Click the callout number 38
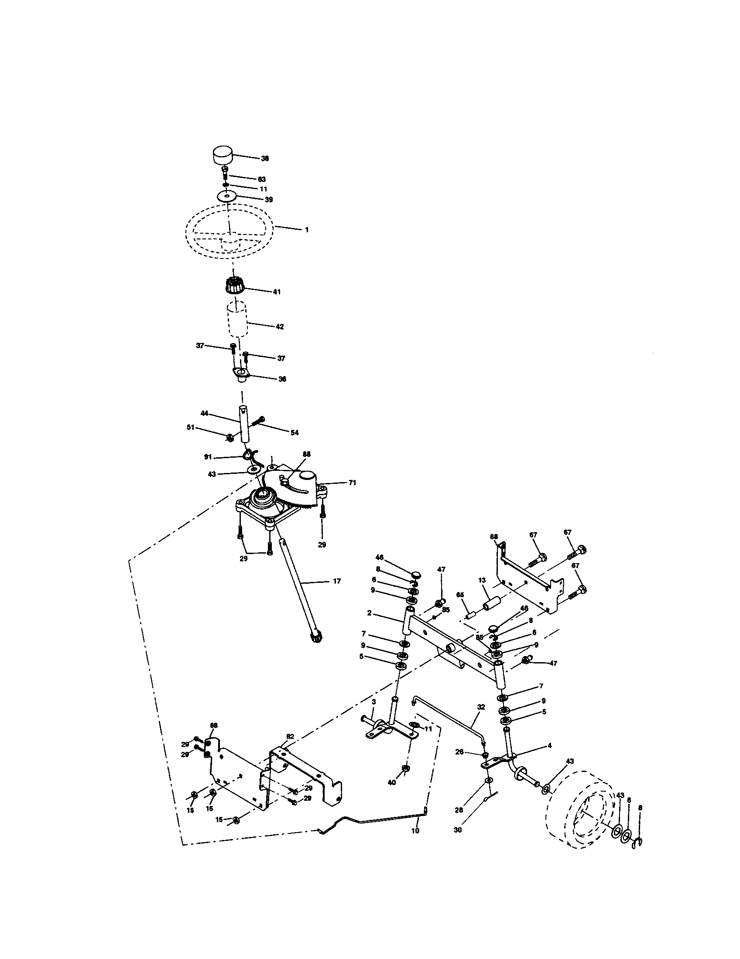(265, 159)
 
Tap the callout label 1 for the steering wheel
(307, 230)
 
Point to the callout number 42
(280, 326)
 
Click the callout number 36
(282, 379)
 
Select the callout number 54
(294, 432)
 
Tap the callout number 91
(208, 457)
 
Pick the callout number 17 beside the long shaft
(336, 582)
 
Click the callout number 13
(482, 580)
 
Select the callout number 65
(460, 595)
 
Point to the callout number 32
(481, 707)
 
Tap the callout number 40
(392, 782)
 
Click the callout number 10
(415, 831)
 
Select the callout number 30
(457, 830)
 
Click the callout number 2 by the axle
(370, 613)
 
